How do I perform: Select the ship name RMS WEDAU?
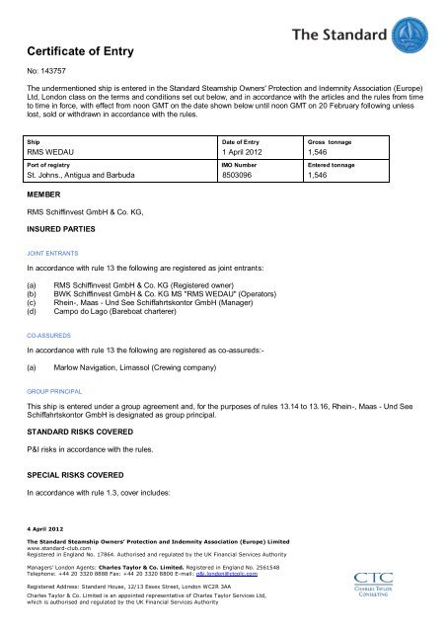(x=54, y=154)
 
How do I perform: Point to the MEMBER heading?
(x=45, y=196)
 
